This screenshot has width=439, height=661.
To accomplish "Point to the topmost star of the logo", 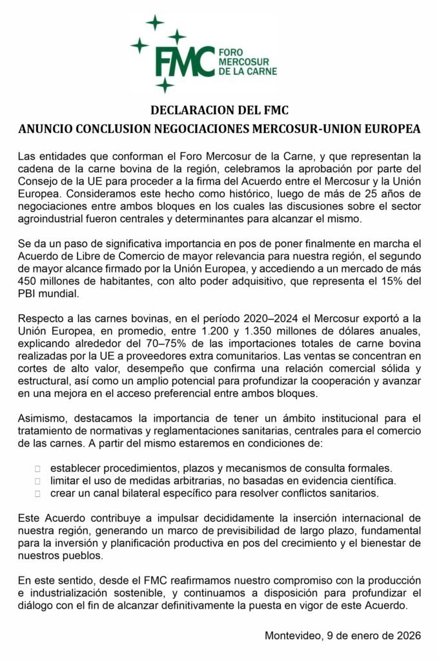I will (155, 23).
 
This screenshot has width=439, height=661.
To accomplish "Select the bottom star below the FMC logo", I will (165, 85).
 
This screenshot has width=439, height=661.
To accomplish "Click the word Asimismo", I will (43, 418).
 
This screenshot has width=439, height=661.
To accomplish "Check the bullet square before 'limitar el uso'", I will (37, 481).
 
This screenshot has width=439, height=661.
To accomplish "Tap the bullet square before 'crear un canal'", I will (37, 494).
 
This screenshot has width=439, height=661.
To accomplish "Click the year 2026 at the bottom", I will (407, 636).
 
